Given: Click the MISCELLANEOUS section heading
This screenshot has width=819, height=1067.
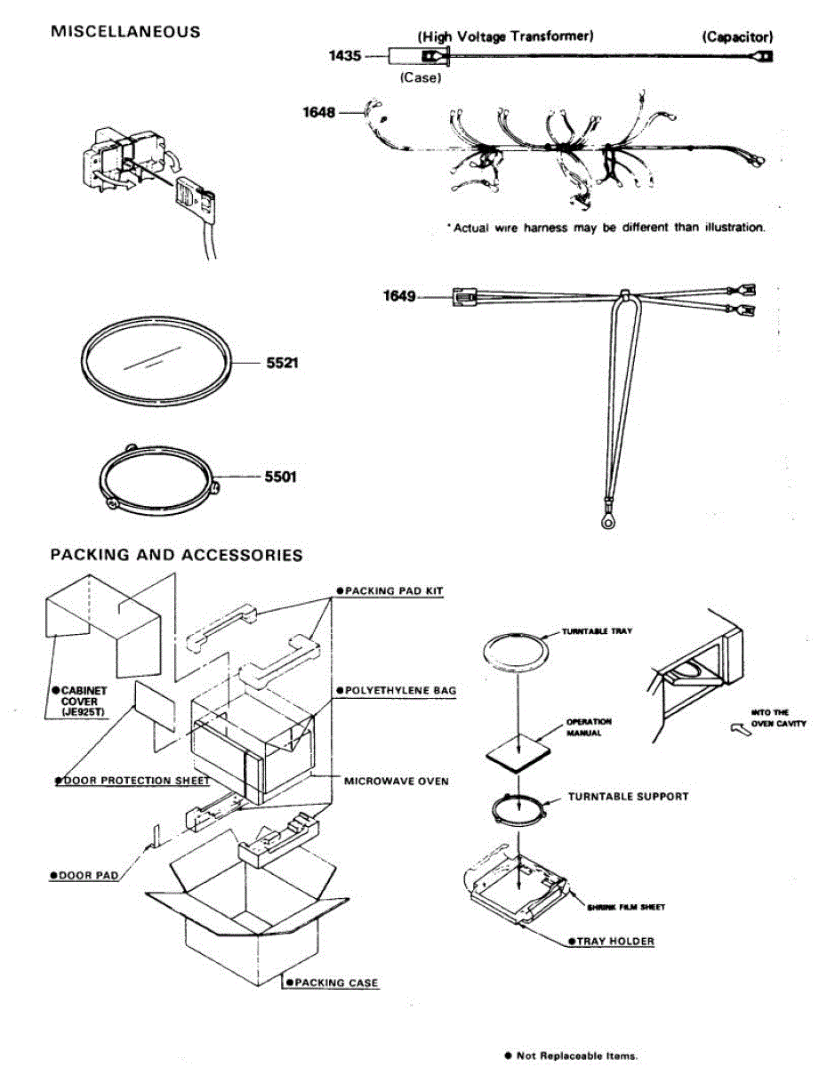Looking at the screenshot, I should click(125, 32).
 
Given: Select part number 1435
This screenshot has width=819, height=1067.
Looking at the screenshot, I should click(345, 56).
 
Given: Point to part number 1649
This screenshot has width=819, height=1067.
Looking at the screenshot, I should click(399, 296).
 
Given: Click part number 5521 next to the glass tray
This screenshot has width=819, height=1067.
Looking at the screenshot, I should click(277, 363).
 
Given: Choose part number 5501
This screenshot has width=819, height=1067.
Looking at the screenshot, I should click(278, 477).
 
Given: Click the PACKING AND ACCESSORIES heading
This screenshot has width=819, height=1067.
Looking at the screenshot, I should click(176, 555).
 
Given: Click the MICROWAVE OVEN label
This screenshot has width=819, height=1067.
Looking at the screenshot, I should click(396, 782).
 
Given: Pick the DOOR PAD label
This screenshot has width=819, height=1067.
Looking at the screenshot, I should click(84, 876).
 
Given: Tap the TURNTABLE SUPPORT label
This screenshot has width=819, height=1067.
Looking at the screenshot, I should click(628, 797).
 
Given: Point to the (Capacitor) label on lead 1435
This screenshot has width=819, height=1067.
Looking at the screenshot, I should click(736, 36).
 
